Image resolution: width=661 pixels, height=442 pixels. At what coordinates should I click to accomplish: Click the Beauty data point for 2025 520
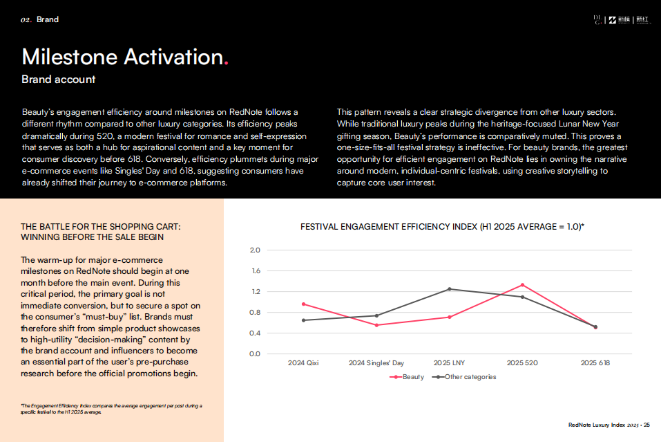(522, 285)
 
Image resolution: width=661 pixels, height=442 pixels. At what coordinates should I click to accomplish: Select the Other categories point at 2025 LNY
(449, 289)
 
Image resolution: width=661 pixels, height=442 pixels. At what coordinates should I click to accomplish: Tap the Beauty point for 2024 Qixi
(303, 304)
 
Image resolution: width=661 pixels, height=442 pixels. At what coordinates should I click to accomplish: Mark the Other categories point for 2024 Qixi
(303, 320)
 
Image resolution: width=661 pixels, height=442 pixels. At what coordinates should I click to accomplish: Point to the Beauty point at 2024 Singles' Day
(376, 325)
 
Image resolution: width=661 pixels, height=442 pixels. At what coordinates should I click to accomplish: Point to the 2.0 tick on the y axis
(254, 250)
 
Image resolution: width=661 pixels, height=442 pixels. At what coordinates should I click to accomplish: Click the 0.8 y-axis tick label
(254, 313)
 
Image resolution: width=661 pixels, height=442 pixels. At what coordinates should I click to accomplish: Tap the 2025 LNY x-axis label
(449, 362)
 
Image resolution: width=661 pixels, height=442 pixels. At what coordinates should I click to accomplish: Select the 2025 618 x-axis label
(595, 362)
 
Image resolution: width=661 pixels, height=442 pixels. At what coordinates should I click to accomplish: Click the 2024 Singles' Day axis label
(376, 362)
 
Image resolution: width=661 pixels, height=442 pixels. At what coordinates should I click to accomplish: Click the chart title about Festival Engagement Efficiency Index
(442, 226)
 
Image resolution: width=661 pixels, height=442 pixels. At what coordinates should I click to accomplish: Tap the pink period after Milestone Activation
(226, 62)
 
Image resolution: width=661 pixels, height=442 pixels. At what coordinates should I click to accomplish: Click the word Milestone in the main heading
(69, 57)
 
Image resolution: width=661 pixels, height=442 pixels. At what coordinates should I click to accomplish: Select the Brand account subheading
(58, 80)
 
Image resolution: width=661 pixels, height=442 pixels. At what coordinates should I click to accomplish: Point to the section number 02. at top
(26, 19)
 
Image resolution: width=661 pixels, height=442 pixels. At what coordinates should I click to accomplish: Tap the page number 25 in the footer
(646, 425)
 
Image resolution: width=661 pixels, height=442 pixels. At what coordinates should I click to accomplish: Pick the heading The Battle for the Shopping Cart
(101, 226)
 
